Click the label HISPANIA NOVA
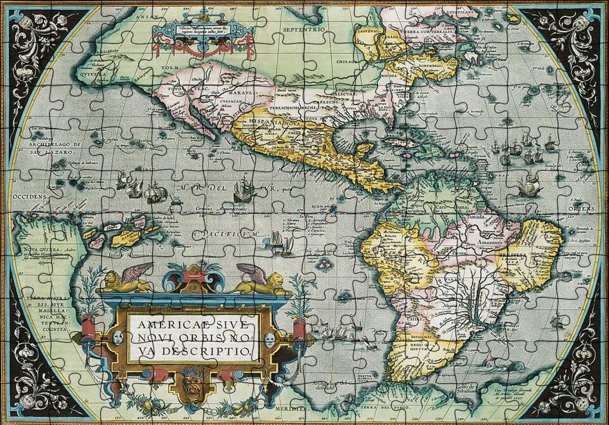pos(261,122)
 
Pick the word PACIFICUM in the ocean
pos(228,234)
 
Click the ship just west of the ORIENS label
pos(528,185)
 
